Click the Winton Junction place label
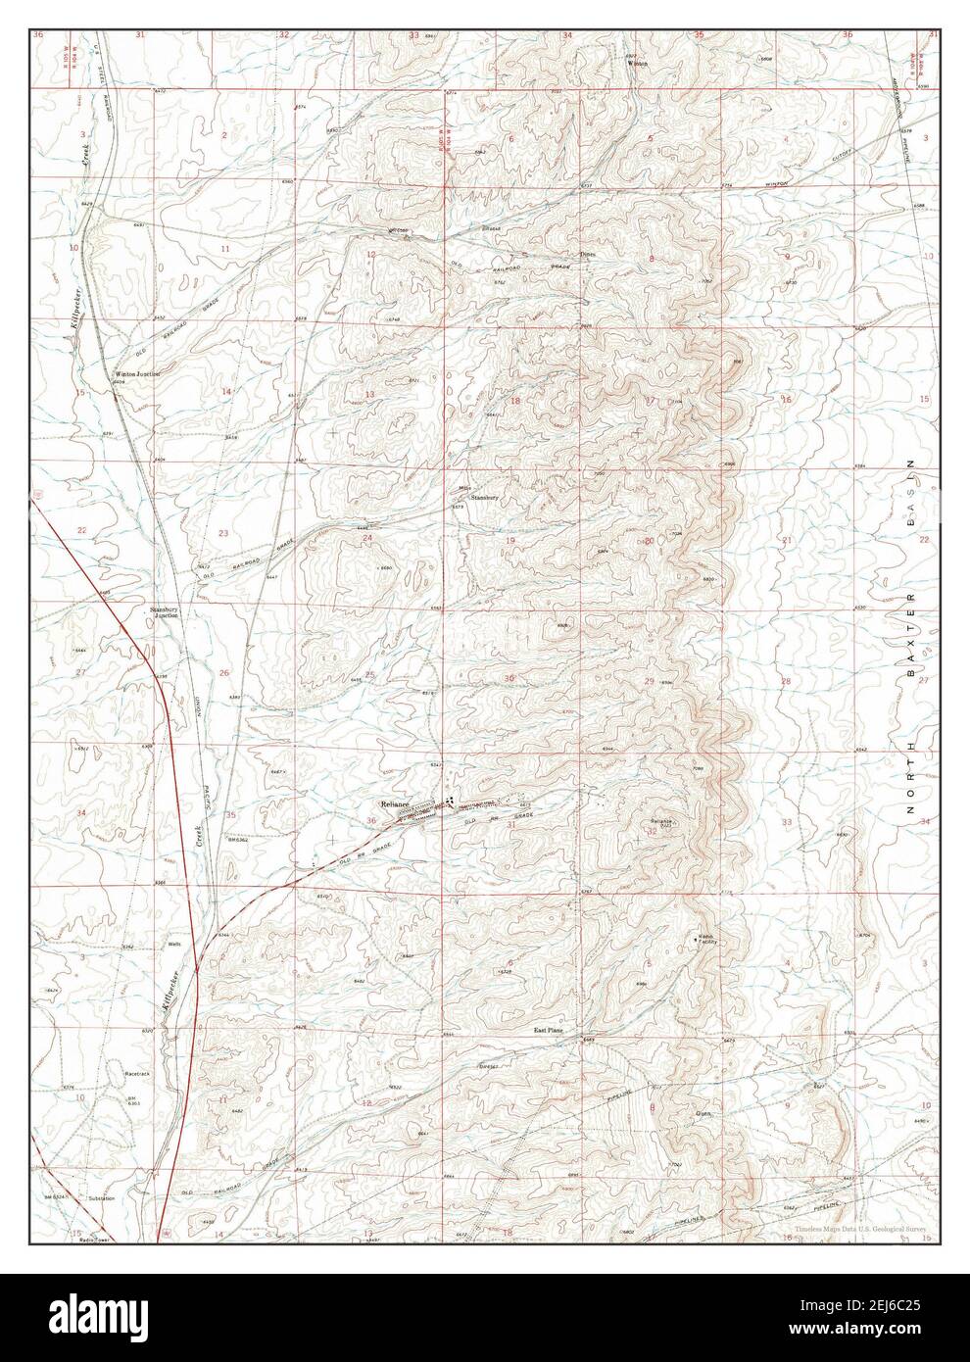click(x=137, y=373)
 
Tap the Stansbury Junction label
click(x=164, y=612)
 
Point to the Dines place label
click(x=587, y=254)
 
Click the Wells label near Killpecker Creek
click(x=174, y=945)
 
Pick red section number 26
click(x=224, y=672)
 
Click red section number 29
click(x=648, y=681)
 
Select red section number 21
click(x=786, y=541)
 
